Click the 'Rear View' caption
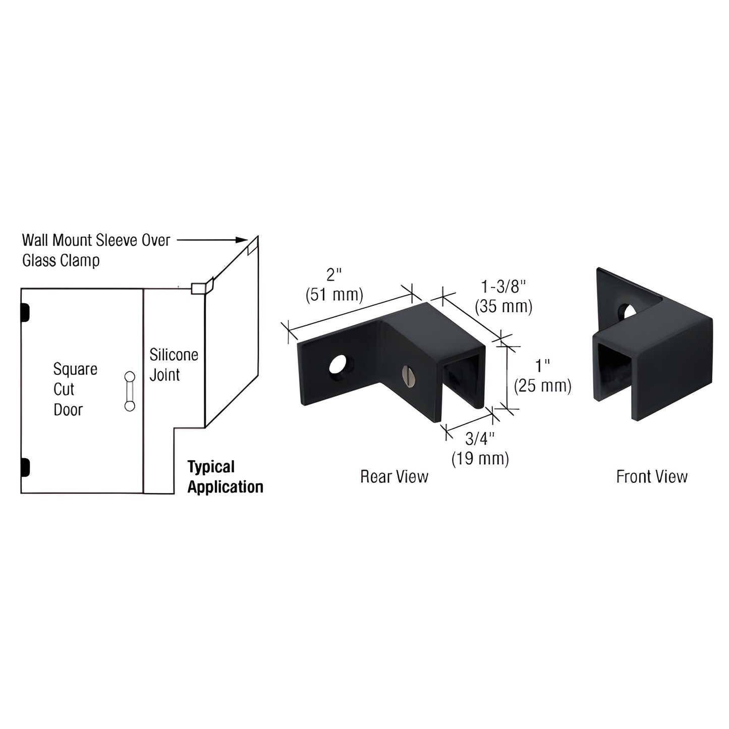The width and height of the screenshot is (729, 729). (394, 476)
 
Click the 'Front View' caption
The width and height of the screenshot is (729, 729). (651, 476)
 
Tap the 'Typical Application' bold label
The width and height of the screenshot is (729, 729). (225, 477)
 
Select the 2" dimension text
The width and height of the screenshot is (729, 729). (334, 275)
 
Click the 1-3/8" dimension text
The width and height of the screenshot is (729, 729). (503, 287)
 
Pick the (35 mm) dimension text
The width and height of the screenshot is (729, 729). (503, 306)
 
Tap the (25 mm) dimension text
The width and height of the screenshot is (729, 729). (542, 386)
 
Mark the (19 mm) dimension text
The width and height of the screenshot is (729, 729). (480, 458)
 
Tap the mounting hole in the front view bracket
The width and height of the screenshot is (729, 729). (629, 312)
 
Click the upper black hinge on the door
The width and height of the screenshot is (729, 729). (24, 312)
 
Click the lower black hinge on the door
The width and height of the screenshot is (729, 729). (24, 467)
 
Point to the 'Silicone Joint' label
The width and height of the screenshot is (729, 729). (173, 365)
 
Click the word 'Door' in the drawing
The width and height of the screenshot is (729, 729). (68, 410)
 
